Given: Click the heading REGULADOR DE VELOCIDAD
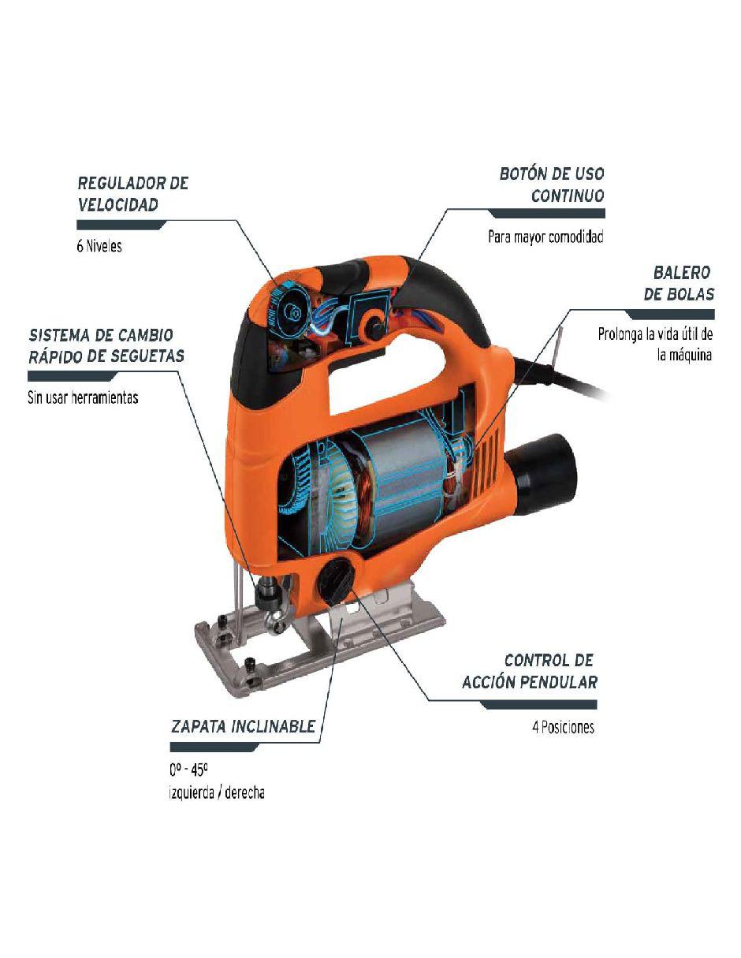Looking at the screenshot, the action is [x=133, y=194].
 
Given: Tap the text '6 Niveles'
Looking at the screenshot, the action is [x=99, y=246].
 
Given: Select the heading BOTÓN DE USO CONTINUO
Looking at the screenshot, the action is [x=552, y=185].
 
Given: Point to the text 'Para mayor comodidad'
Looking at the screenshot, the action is [x=546, y=237].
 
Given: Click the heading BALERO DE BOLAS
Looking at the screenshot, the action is [x=679, y=283].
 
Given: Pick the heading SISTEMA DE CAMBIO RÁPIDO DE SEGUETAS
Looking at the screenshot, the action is [x=106, y=345].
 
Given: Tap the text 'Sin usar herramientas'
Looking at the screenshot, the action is [x=83, y=397].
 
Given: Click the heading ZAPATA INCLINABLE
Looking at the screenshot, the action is [x=243, y=726].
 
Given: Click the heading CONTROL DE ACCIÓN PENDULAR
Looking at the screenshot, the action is [x=530, y=672].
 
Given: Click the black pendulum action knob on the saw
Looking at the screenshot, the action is [x=336, y=581].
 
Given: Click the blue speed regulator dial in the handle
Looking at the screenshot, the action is [x=289, y=307].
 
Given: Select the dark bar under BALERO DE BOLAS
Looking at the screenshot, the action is [x=669, y=315].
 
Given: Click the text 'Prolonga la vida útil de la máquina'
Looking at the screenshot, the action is [x=655, y=345].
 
